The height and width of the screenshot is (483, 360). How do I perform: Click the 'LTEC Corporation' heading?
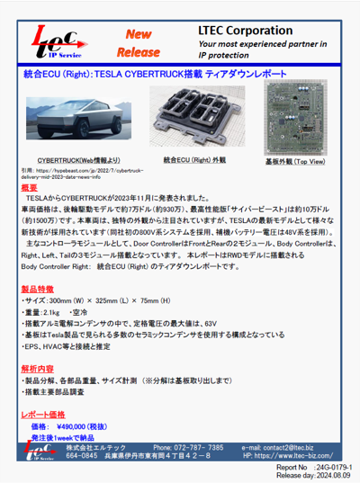(x=245, y=30)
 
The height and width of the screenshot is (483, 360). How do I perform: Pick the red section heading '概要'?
(x=29, y=187)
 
